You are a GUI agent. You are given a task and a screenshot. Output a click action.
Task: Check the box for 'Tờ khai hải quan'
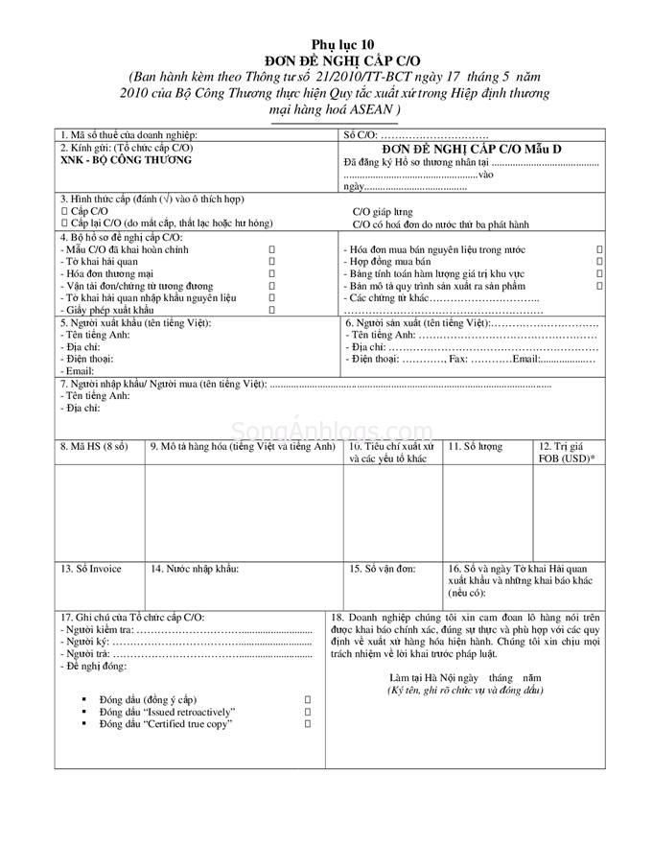(x=272, y=261)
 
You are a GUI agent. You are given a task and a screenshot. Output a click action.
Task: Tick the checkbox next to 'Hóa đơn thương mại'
(x=272, y=273)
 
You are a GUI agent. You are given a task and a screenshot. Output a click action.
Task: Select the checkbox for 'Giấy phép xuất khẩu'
(x=272, y=309)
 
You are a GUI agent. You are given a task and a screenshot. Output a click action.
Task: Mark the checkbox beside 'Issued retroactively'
(x=308, y=711)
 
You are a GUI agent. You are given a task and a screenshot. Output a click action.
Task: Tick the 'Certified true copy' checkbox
(x=308, y=723)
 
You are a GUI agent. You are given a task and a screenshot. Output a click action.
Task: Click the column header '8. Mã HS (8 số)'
(x=94, y=447)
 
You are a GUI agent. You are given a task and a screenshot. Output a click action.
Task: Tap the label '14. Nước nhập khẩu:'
(x=195, y=569)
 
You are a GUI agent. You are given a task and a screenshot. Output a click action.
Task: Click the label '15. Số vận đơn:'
(x=383, y=569)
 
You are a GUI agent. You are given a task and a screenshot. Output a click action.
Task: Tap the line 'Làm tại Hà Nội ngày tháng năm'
(x=465, y=677)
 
